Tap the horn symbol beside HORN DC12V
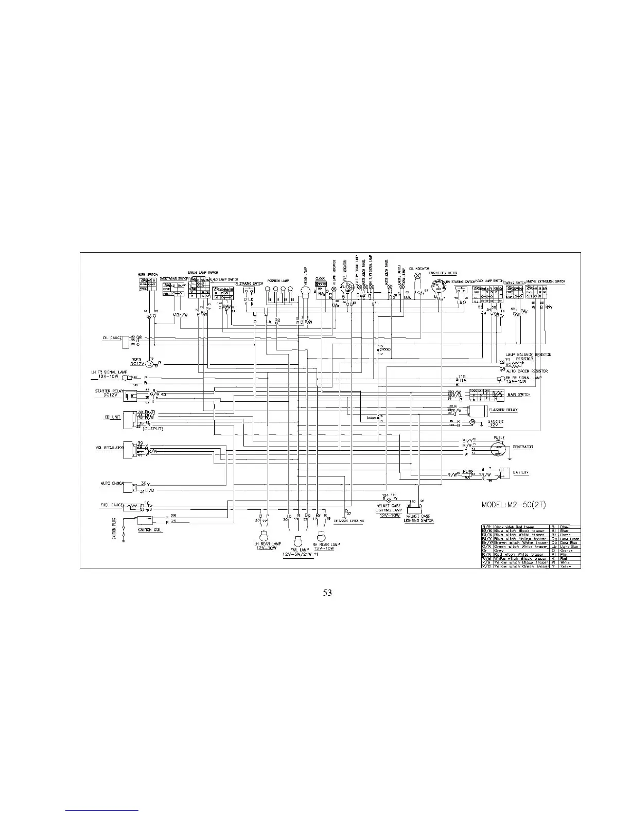click(150, 364)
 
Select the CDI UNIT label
click(112, 417)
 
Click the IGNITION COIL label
click(150, 531)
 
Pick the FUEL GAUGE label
click(110, 505)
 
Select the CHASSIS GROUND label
click(348, 521)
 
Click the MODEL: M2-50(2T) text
click(514, 504)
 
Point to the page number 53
click(327, 592)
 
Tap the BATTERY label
click(521, 472)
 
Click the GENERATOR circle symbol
click(498, 448)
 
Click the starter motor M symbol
click(470, 422)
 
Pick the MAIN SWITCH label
click(519, 395)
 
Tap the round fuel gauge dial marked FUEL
click(344, 289)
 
